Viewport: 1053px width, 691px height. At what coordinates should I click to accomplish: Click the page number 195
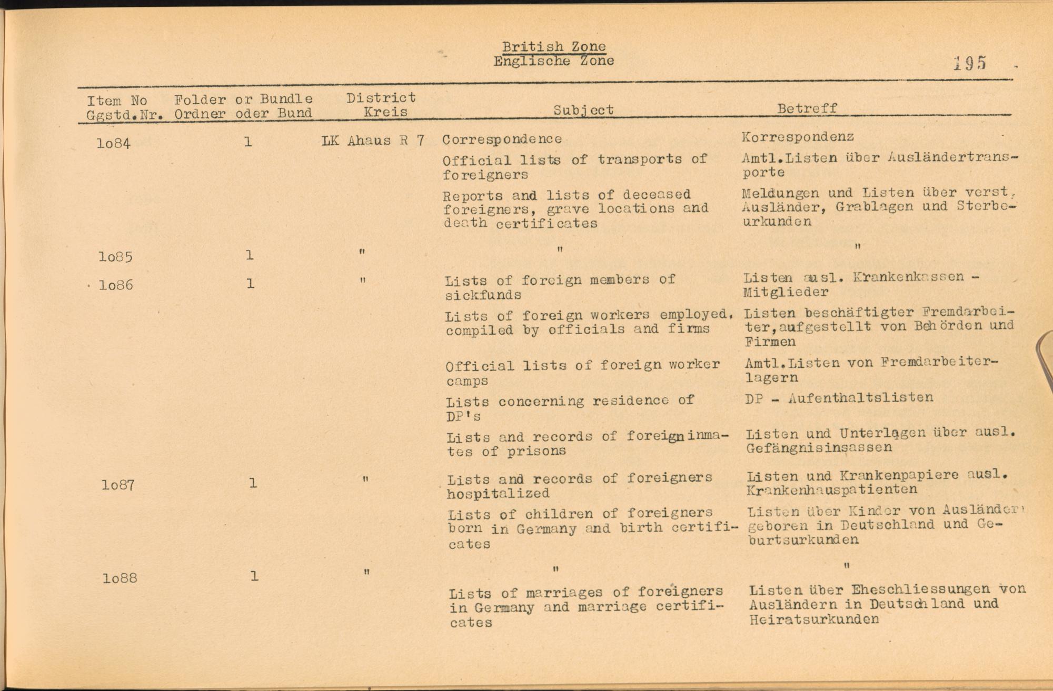969,63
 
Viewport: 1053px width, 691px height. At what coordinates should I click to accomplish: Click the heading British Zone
553,47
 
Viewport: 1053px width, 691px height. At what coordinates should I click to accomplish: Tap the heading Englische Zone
553,61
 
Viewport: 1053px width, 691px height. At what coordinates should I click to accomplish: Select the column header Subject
583,110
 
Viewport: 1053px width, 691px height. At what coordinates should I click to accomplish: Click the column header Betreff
807,108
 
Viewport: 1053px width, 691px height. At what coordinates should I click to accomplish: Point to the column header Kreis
385,112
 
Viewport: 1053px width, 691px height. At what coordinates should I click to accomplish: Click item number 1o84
113,143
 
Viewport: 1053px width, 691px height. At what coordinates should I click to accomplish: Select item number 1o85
115,257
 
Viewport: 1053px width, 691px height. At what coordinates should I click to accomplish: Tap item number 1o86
116,285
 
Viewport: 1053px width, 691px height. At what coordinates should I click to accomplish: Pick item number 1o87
118,485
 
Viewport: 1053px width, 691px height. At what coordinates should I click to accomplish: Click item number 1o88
120,578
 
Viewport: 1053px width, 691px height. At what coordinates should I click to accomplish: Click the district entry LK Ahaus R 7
373,141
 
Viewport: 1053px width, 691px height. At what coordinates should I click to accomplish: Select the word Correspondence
502,139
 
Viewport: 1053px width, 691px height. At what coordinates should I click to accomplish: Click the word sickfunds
483,295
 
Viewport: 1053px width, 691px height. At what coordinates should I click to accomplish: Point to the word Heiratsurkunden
814,619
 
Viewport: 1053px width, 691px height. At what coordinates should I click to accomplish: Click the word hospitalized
498,494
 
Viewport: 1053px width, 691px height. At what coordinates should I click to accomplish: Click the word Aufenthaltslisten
860,398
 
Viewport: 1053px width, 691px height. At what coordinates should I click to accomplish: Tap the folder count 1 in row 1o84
248,142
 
